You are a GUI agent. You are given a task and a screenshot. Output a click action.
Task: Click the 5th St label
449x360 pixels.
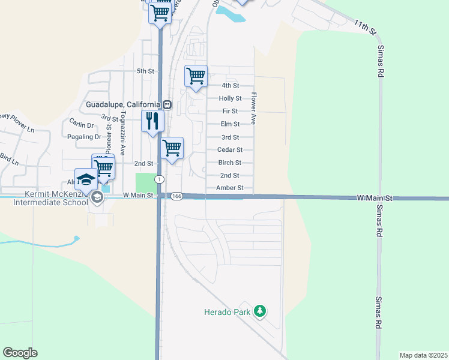pos(146,71)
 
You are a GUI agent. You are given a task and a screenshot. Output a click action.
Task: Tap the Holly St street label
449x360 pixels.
pos(230,98)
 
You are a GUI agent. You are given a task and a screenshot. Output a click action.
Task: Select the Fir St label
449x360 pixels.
pos(230,111)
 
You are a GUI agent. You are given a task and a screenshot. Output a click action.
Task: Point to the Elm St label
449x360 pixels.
pos(230,124)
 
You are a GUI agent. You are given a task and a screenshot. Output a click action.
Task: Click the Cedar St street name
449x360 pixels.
pos(230,150)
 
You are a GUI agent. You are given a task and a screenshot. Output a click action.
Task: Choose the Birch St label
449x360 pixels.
pos(230,163)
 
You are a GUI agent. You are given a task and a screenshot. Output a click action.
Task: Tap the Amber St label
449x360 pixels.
pos(230,188)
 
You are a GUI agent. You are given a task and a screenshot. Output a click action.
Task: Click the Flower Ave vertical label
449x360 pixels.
pos(254,108)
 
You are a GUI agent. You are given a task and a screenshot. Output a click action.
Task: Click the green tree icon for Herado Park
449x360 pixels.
pos(260,311)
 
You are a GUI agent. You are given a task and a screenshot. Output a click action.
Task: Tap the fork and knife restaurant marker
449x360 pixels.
pos(152,121)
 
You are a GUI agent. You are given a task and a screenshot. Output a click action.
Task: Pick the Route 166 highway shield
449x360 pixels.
pos(176,196)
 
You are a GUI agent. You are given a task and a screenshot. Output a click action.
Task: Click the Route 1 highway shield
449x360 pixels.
pos(158,179)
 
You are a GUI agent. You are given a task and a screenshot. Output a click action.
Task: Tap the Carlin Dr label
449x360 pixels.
pos(82,125)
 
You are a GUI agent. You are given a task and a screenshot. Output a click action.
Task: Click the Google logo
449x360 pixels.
pos(20,353)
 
